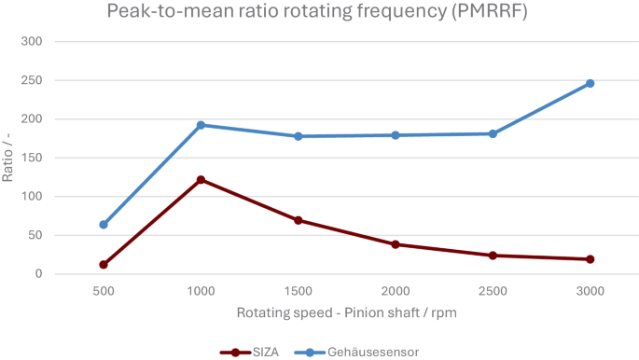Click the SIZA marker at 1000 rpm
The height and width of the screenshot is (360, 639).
(201, 180)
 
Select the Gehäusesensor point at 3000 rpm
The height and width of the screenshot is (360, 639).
(590, 84)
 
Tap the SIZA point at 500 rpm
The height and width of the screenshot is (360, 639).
(104, 265)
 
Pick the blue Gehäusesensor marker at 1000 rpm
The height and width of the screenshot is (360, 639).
(201, 125)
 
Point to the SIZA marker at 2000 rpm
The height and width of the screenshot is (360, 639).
(396, 244)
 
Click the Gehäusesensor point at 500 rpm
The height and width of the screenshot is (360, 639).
(104, 225)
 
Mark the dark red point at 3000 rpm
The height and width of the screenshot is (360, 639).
(590, 259)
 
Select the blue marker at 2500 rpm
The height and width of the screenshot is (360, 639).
(493, 134)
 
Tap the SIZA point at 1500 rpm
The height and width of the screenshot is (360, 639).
(299, 220)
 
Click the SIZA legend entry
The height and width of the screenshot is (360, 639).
(249, 352)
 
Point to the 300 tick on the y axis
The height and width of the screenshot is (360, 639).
(33, 42)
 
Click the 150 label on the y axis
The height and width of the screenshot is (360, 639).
(33, 158)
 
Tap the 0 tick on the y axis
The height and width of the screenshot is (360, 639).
(38, 274)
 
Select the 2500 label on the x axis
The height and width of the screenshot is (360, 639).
(493, 291)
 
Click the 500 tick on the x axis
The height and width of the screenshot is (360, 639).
(104, 291)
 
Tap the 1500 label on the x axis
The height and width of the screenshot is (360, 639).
(299, 291)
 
